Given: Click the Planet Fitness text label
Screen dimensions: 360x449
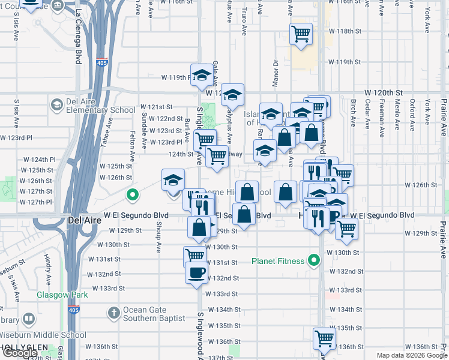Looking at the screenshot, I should click(278, 260).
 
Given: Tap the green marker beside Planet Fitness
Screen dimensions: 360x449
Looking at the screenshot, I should click(313, 260).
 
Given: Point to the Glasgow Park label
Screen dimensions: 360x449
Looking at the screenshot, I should click(62, 295).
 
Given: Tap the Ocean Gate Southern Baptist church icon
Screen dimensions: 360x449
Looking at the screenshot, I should click(113, 313).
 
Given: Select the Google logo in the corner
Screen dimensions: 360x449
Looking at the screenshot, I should click(19, 353).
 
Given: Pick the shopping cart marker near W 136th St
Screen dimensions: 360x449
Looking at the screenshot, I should click(324, 338).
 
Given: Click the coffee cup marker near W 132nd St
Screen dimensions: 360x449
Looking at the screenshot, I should click(196, 273).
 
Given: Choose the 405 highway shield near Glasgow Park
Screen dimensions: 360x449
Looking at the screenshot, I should click(73, 310).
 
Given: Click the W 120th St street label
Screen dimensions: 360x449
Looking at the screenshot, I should click(382, 93).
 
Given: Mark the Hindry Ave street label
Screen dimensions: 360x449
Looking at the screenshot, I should click(47, 264).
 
